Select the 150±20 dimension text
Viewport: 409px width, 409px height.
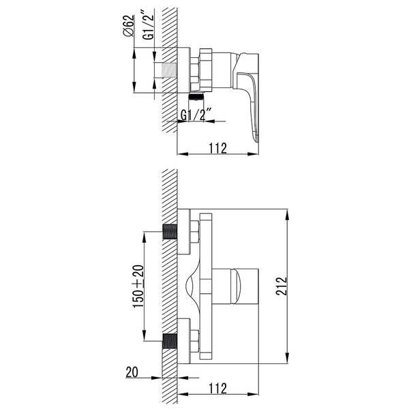coord(138,286)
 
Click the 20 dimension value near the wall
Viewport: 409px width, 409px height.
coord(132,372)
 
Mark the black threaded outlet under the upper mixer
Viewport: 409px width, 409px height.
coord(196,97)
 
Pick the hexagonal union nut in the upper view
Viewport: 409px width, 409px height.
coord(196,70)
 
